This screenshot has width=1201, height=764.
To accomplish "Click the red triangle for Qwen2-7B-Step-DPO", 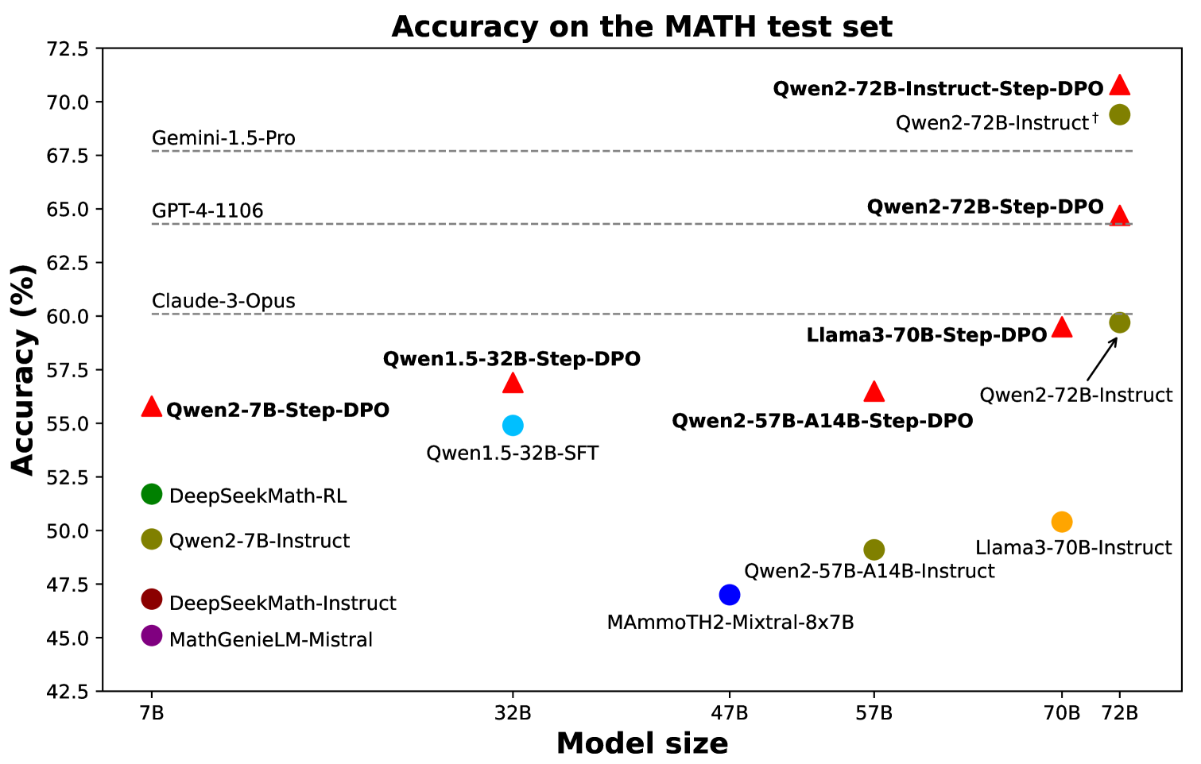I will [x=152, y=407].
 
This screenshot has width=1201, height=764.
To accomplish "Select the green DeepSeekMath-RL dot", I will [x=152, y=494].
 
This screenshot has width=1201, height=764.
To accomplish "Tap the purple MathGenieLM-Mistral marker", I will [x=152, y=635].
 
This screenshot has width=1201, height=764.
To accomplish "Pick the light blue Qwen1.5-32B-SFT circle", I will [x=513, y=425].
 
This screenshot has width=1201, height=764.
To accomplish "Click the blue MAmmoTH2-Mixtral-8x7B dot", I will [x=730, y=594].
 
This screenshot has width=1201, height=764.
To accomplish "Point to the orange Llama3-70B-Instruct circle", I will [x=1062, y=522].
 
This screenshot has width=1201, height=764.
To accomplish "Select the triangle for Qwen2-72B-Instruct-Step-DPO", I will [x=1120, y=86].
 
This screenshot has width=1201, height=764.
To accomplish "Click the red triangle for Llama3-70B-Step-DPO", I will [x=1062, y=327].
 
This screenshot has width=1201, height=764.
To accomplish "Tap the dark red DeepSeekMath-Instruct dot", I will [x=152, y=599].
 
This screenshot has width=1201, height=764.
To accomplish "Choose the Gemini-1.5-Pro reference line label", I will [x=223, y=138].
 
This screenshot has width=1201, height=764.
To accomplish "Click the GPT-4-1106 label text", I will [x=207, y=210].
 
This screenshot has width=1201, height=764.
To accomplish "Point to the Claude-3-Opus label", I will [x=223, y=301].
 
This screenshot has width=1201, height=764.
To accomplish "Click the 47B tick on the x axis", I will [x=730, y=713].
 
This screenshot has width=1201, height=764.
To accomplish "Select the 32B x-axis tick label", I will [x=513, y=713].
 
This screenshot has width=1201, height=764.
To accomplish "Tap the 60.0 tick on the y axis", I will [x=71, y=316].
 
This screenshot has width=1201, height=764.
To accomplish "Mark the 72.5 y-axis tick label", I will [x=71, y=49].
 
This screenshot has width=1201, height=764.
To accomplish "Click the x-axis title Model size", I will [x=642, y=744].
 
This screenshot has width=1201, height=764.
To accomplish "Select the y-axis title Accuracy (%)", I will [x=24, y=370].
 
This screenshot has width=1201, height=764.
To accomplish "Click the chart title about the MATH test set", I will [x=642, y=27].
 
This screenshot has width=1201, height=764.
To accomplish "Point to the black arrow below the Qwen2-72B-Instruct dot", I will [x=1102, y=359].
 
